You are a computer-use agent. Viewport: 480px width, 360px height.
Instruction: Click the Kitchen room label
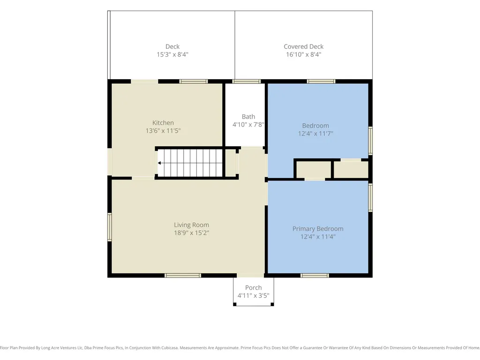click(163, 123)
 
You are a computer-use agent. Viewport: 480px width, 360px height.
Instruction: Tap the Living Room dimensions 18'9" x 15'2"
click(192, 233)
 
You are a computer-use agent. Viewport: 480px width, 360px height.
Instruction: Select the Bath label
click(248, 117)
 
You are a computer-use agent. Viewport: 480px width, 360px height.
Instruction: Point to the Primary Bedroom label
click(318, 229)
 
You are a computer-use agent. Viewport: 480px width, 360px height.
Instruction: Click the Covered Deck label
click(304, 46)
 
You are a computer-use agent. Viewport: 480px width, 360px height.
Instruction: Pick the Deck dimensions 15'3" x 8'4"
click(172, 54)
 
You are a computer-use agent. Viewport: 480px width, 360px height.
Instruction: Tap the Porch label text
click(254, 288)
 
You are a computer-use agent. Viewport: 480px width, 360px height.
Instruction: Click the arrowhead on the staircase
click(159, 163)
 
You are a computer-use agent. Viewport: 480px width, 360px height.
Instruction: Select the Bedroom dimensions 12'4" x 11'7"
click(315, 134)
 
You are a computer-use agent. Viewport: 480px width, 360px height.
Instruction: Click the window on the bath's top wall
click(247, 82)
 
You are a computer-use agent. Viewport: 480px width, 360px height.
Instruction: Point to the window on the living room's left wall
click(110, 227)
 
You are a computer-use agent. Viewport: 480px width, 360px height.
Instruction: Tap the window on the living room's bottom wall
click(183, 276)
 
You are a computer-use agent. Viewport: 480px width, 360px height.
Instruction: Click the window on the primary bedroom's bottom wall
click(315, 276)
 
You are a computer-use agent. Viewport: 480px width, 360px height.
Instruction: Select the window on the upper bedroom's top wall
click(321, 82)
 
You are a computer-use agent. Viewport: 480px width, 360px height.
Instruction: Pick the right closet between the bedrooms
click(351, 169)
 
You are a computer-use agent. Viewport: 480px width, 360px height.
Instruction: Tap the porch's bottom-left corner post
click(235, 304)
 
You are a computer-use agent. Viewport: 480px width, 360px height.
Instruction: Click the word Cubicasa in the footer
click(168, 348)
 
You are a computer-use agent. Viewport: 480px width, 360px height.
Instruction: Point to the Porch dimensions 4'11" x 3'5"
click(254, 296)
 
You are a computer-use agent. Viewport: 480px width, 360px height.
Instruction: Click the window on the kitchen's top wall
click(194, 82)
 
